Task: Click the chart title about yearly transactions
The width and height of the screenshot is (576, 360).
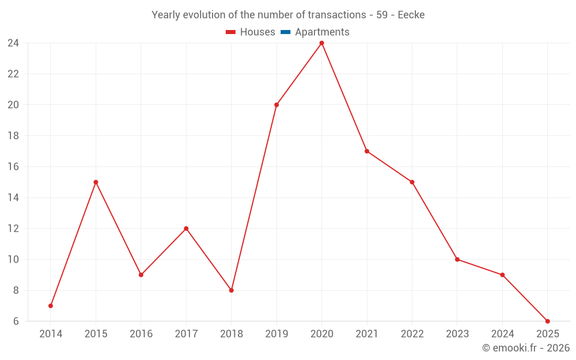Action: point(288,15)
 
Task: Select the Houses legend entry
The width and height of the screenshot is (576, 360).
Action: point(251,32)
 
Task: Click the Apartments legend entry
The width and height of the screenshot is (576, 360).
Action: point(315,32)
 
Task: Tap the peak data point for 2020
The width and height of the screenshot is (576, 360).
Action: point(321,43)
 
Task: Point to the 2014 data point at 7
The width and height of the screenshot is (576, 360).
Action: point(51,306)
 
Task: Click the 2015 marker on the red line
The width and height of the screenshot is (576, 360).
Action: point(96,182)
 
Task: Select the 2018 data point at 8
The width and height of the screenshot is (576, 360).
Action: point(231,290)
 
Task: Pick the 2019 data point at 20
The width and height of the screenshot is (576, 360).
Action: point(276,105)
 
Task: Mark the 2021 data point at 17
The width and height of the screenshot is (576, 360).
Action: point(367,151)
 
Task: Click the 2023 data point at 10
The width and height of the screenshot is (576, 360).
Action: point(457,259)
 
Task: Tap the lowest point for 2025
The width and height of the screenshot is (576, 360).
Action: point(547,321)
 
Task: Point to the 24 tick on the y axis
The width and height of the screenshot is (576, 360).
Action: point(13,43)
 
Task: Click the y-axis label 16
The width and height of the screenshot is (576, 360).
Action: point(13,167)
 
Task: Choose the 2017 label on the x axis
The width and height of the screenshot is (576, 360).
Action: point(186,334)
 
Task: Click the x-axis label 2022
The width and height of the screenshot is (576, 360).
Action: point(412,334)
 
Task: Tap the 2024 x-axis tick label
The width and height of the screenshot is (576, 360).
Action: point(502,334)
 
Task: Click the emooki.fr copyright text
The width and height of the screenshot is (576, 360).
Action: point(525,348)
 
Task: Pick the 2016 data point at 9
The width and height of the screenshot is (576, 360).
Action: point(141,275)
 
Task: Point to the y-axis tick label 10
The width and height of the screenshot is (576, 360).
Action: point(13,260)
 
